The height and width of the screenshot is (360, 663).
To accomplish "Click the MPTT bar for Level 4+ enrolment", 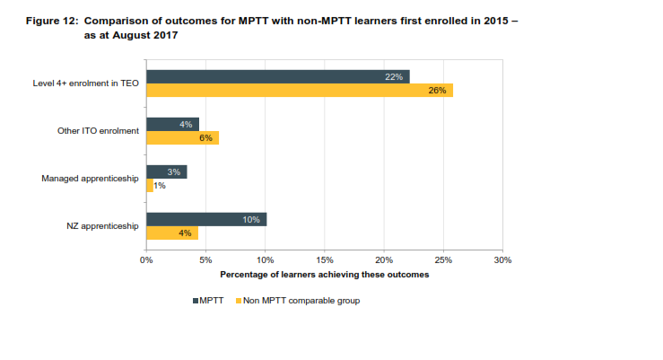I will click(x=277, y=77).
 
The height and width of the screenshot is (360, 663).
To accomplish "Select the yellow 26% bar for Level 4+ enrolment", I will click(x=300, y=91).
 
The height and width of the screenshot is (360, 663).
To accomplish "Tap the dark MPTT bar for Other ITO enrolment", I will click(x=172, y=124).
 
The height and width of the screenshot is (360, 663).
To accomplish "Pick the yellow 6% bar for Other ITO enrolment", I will click(x=182, y=137).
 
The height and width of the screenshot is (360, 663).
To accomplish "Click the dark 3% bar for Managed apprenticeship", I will click(x=166, y=171).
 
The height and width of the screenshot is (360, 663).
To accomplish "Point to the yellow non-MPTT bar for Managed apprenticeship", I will click(x=150, y=185).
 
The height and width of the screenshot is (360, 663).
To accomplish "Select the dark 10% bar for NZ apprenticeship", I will click(x=206, y=219).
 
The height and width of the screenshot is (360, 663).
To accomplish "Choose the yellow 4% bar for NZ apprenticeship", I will click(x=172, y=233).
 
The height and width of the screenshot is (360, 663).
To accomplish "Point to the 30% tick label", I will click(x=502, y=259).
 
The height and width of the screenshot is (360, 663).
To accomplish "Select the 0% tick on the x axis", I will click(x=147, y=259).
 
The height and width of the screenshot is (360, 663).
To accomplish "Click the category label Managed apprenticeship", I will click(x=90, y=178).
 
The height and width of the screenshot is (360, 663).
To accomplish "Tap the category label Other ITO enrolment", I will click(x=98, y=131).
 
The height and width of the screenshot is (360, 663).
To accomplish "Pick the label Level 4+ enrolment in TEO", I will click(x=85, y=83).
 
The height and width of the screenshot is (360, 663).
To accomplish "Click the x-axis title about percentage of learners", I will click(x=325, y=274).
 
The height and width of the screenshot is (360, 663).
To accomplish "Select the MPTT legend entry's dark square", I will click(x=194, y=301).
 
